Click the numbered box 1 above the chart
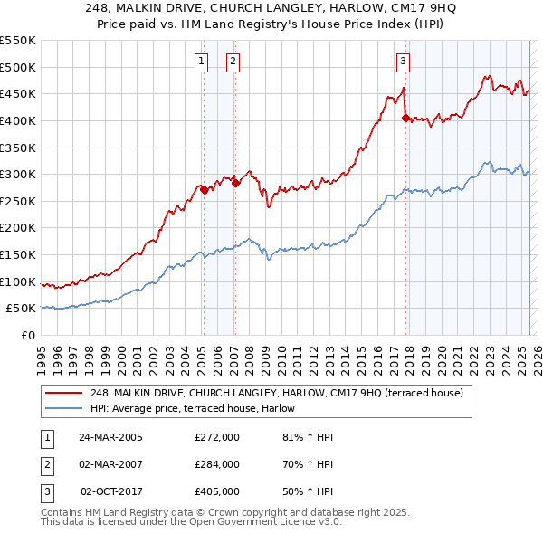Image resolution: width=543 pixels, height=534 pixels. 200,62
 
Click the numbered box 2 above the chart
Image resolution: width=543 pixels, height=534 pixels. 233,62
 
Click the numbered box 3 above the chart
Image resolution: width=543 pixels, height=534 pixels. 403,62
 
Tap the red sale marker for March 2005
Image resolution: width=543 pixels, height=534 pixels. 204,190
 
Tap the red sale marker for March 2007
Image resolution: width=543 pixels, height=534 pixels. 235,184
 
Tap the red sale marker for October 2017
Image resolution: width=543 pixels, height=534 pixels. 405,118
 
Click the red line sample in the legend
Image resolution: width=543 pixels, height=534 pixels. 64,393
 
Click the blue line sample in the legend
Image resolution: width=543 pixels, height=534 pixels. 64,408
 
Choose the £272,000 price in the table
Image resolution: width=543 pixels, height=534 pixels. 217,437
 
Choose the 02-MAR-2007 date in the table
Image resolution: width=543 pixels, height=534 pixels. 110,464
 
